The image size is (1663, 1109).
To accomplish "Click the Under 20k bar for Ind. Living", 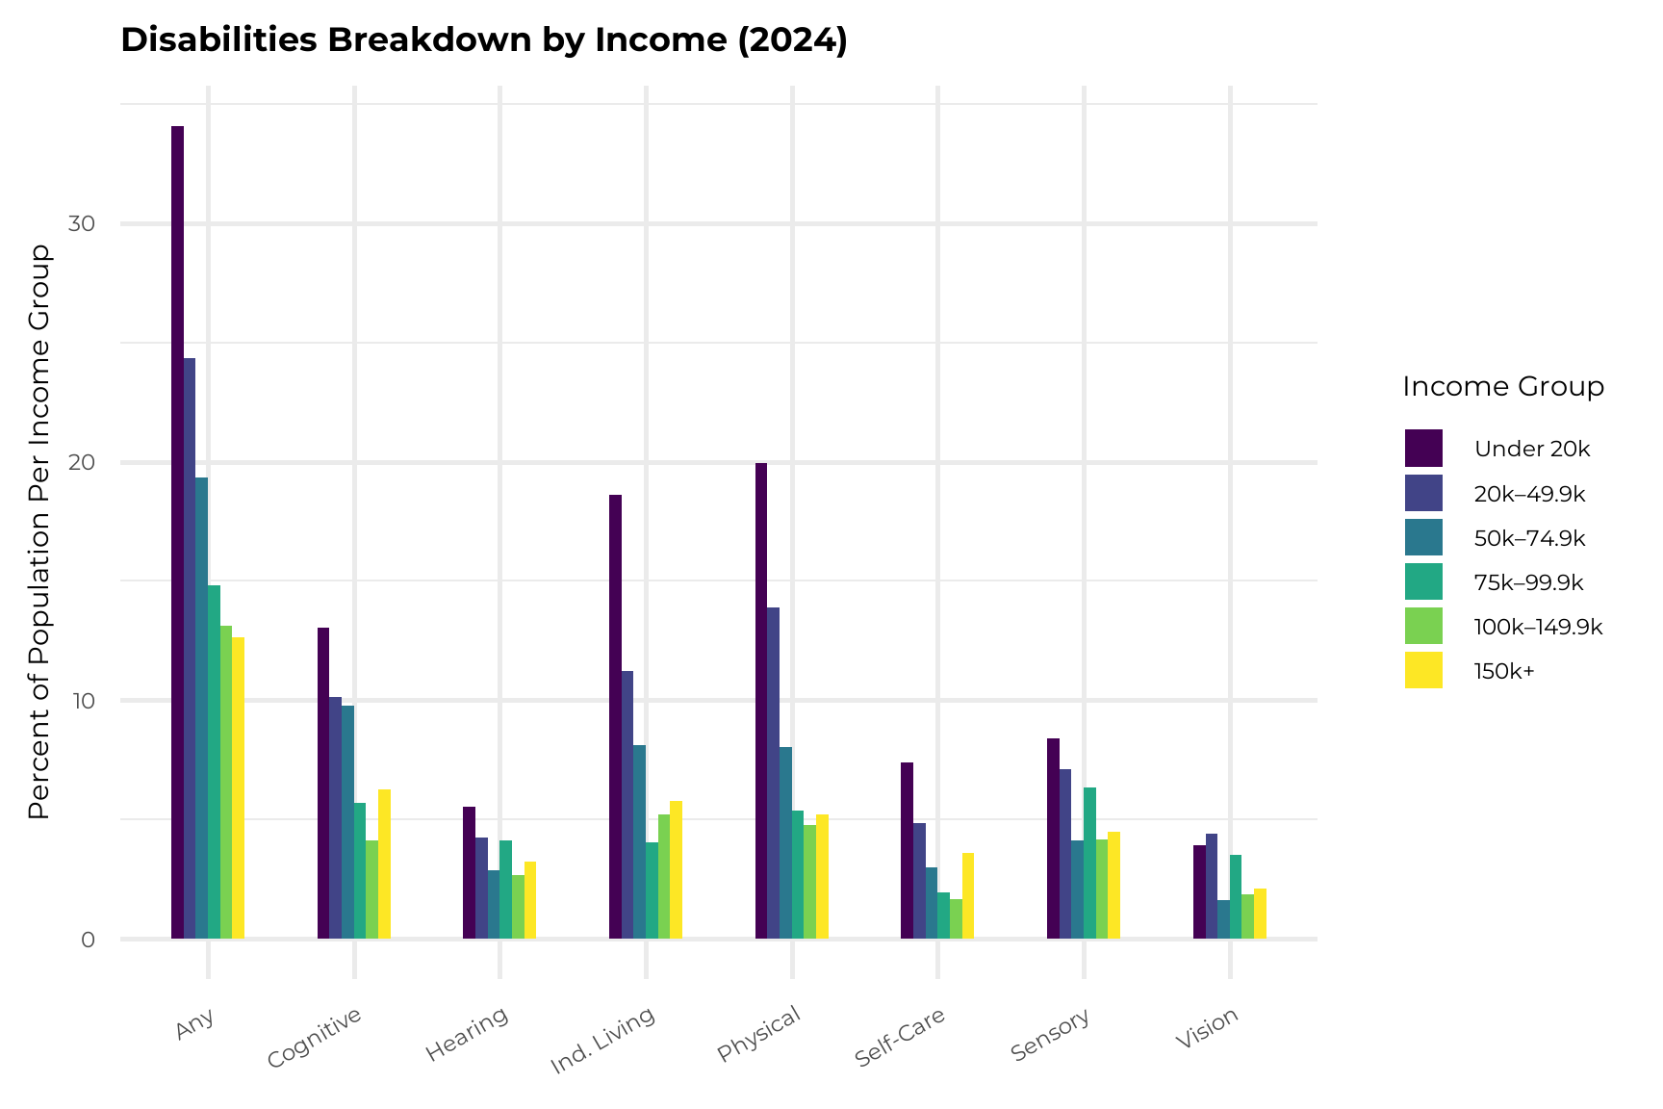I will (x=615, y=716).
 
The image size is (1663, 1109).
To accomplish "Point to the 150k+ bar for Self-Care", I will (x=968, y=895).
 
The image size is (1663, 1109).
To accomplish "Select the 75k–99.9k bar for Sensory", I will (x=1089, y=863).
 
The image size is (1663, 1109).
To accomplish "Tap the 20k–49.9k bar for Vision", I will (x=1212, y=886).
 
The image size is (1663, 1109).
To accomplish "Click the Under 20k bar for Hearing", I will (x=469, y=872).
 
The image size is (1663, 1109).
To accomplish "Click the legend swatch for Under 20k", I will (x=1423, y=448).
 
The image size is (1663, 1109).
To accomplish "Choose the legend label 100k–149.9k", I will (x=1538, y=628).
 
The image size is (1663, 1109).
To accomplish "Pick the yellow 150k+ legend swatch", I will (x=1423, y=671).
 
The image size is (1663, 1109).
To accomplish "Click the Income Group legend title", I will (x=1503, y=387).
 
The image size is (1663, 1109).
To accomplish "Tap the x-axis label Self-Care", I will (x=901, y=1037).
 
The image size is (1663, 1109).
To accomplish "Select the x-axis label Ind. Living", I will (x=602, y=1040).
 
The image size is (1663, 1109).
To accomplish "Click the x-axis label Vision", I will (x=1207, y=1029).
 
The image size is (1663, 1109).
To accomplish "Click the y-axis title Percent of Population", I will (x=39, y=531).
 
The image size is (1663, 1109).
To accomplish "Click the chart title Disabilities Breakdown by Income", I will (x=484, y=40).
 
